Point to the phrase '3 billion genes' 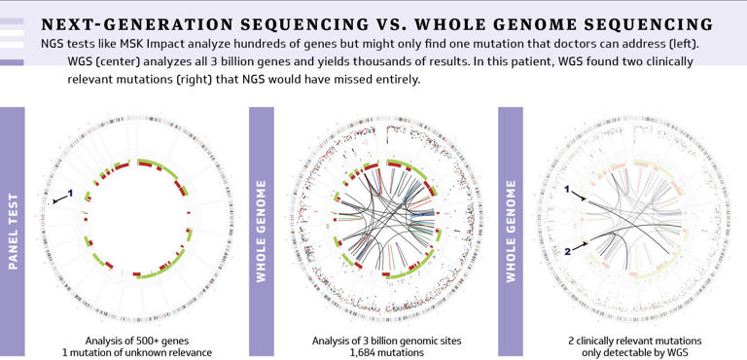[x=248, y=61]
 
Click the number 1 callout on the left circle [x=70, y=193]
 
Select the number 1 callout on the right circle [x=568, y=192]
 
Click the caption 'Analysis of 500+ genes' [x=135, y=341]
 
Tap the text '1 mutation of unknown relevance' [x=135, y=352]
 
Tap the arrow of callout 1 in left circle [x=58, y=198]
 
